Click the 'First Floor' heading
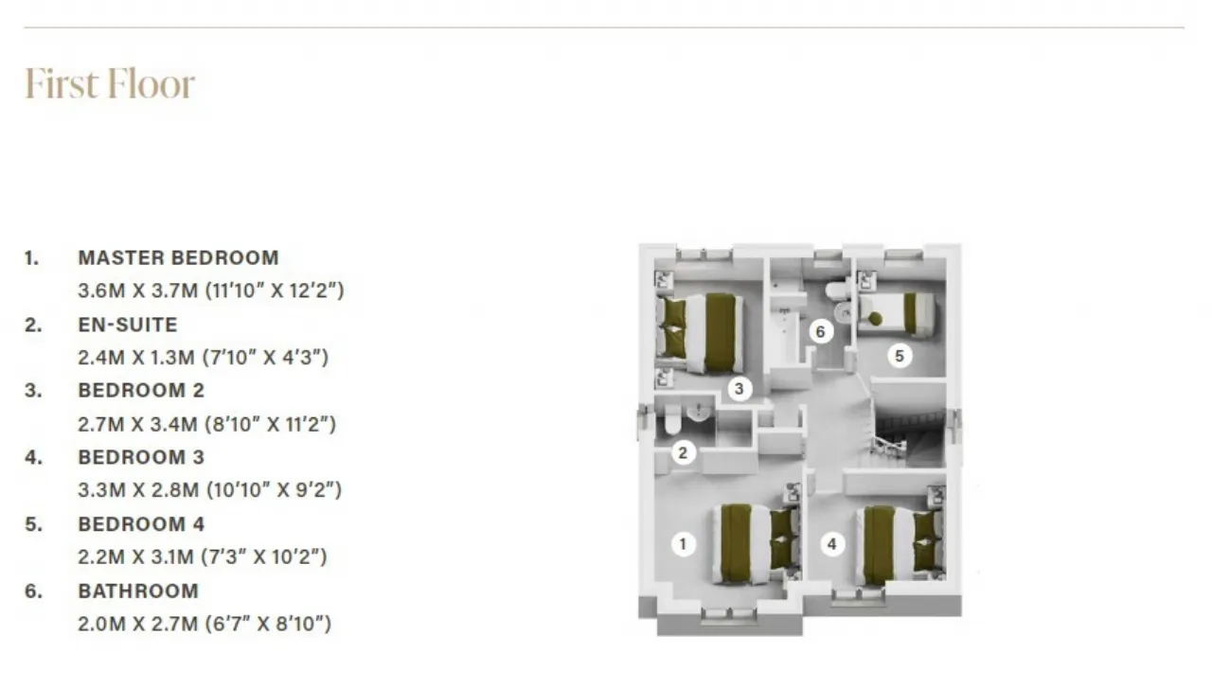(110, 84)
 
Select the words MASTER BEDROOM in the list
(179, 257)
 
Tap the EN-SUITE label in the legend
(128, 325)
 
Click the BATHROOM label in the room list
(138, 591)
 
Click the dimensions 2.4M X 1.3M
(135, 357)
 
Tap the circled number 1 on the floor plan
(683, 544)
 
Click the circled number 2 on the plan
(683, 452)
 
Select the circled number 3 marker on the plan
(740, 388)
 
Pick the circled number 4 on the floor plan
(832, 544)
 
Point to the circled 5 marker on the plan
(900, 356)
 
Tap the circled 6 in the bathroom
(820, 331)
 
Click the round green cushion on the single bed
(876, 319)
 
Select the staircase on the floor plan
(908, 428)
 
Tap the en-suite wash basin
(699, 413)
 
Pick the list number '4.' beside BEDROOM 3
(33, 457)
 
